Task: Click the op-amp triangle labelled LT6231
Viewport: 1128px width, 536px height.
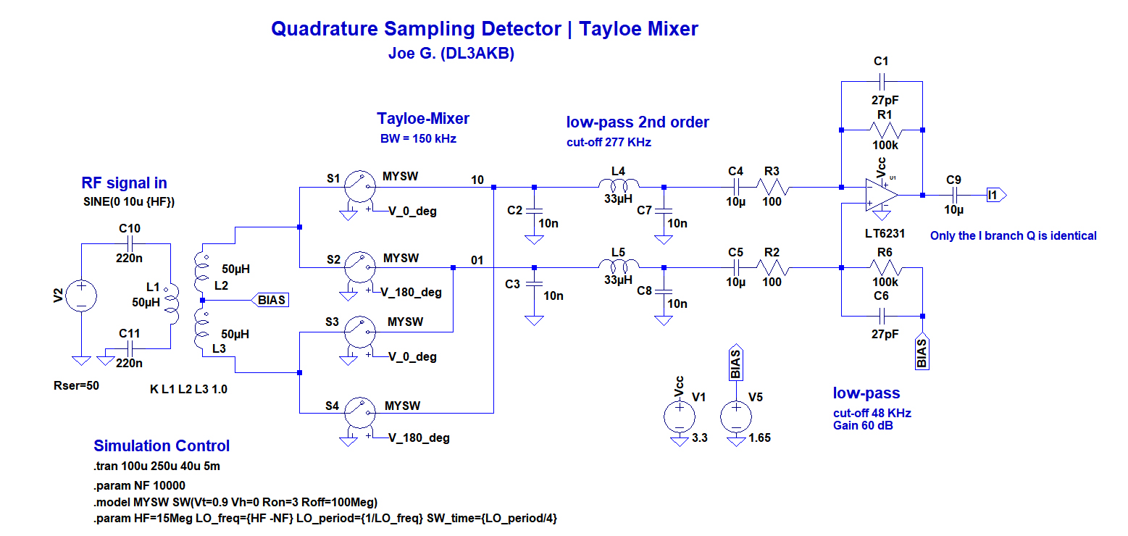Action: point(880,196)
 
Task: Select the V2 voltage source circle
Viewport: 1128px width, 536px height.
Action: point(81,296)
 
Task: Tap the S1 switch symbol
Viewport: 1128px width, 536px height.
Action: point(360,187)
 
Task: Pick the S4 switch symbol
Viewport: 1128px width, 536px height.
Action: point(360,413)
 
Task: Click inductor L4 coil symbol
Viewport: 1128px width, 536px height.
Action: point(619,184)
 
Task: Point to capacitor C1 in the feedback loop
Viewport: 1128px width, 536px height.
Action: point(881,81)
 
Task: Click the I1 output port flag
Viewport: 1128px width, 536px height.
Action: point(996,195)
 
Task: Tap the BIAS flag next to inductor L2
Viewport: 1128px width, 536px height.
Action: point(270,300)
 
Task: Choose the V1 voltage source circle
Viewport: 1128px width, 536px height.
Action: point(680,416)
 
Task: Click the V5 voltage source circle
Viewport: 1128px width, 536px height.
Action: point(736,416)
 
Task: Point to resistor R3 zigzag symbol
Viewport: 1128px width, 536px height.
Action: point(772,187)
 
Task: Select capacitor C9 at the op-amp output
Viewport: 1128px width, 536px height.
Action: point(954,195)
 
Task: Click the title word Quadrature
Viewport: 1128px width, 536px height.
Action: point(325,29)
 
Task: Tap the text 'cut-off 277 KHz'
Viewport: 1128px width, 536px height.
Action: point(609,143)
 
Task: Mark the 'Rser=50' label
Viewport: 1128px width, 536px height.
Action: point(76,385)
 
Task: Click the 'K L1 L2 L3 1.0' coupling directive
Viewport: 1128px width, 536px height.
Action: point(188,389)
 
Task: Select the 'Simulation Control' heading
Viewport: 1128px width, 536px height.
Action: point(162,445)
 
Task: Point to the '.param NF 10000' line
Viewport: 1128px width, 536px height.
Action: point(140,486)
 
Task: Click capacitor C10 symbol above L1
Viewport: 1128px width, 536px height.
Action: point(130,244)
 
